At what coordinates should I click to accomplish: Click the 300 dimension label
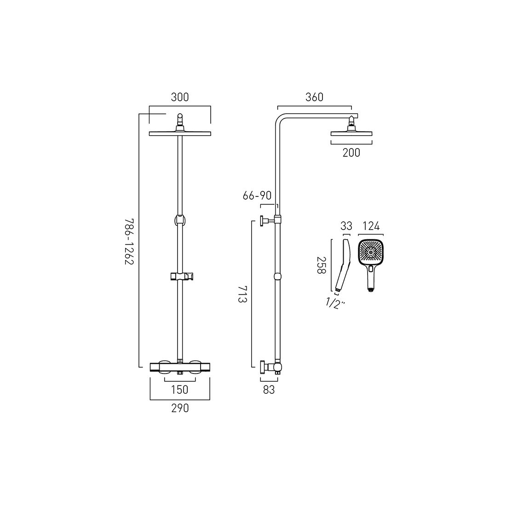click(180, 97)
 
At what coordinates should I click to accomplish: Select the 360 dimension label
click(315, 97)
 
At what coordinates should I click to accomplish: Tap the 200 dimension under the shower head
click(351, 153)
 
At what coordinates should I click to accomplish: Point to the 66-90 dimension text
click(258, 196)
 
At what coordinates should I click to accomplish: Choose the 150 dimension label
click(179, 390)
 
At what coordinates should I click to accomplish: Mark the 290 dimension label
click(180, 408)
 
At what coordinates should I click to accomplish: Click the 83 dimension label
click(269, 390)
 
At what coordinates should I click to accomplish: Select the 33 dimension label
click(345, 226)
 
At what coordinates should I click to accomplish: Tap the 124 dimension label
click(371, 226)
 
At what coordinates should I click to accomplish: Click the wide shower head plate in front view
click(180, 134)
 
